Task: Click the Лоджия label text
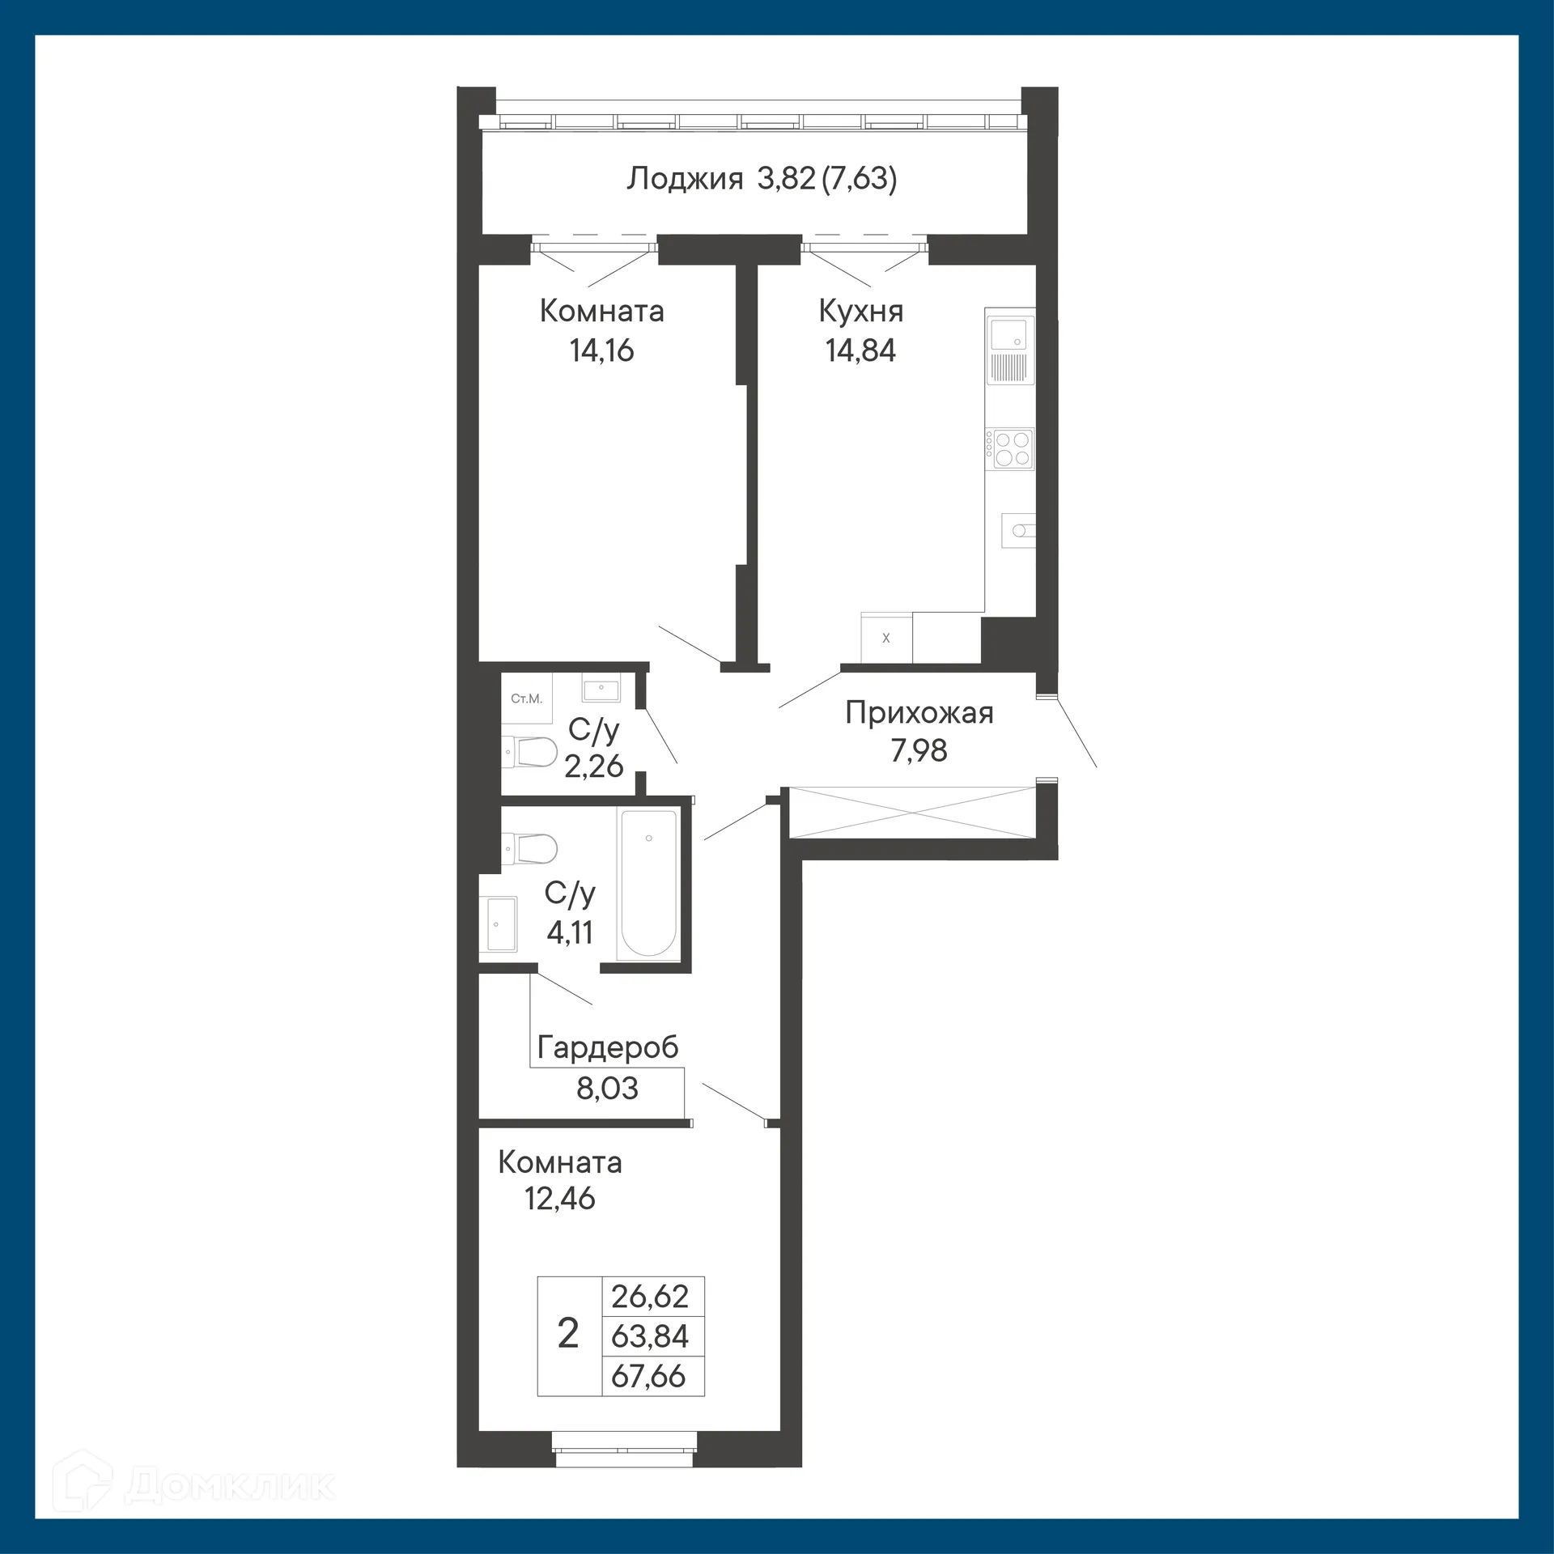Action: click(x=685, y=178)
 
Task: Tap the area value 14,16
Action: click(x=601, y=350)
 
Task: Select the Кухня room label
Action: click(x=860, y=311)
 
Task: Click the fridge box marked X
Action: click(x=886, y=639)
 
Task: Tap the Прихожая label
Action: click(x=919, y=713)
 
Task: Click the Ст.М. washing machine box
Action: click(x=526, y=698)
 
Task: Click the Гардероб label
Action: click(x=607, y=1047)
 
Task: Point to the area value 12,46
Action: click(x=559, y=1198)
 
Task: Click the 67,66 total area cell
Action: click(x=649, y=1376)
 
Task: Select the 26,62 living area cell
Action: click(x=649, y=1297)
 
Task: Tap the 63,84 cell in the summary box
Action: click(x=649, y=1336)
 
